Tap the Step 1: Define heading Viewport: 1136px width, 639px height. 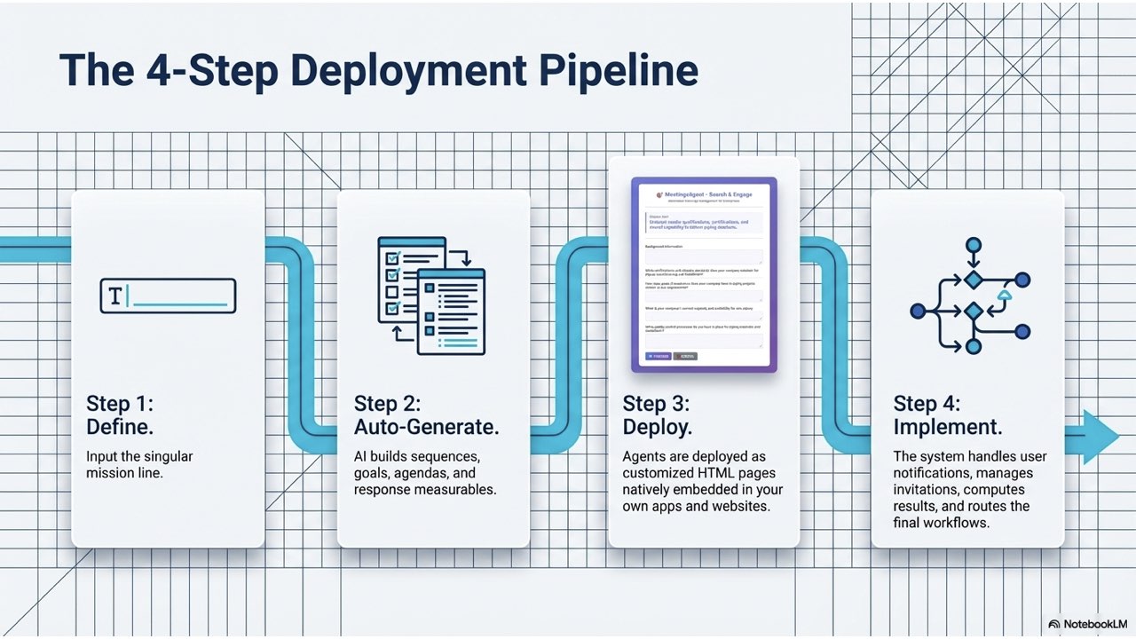click(120, 415)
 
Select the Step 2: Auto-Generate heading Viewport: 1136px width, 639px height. click(426, 415)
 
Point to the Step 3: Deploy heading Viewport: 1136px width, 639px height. click(657, 415)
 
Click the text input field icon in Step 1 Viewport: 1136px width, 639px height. click(168, 296)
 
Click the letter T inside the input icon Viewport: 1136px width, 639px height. click(115, 296)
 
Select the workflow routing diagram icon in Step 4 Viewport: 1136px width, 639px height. click(971, 296)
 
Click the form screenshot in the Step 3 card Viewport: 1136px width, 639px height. click(704, 274)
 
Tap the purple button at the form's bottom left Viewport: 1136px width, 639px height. click(658, 356)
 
